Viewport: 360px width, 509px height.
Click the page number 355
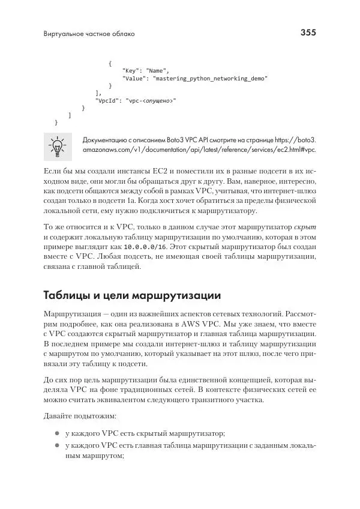(x=307, y=32)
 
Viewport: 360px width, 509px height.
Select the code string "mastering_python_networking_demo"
(x=210, y=78)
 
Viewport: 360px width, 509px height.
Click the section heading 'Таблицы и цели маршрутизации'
(x=133, y=296)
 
